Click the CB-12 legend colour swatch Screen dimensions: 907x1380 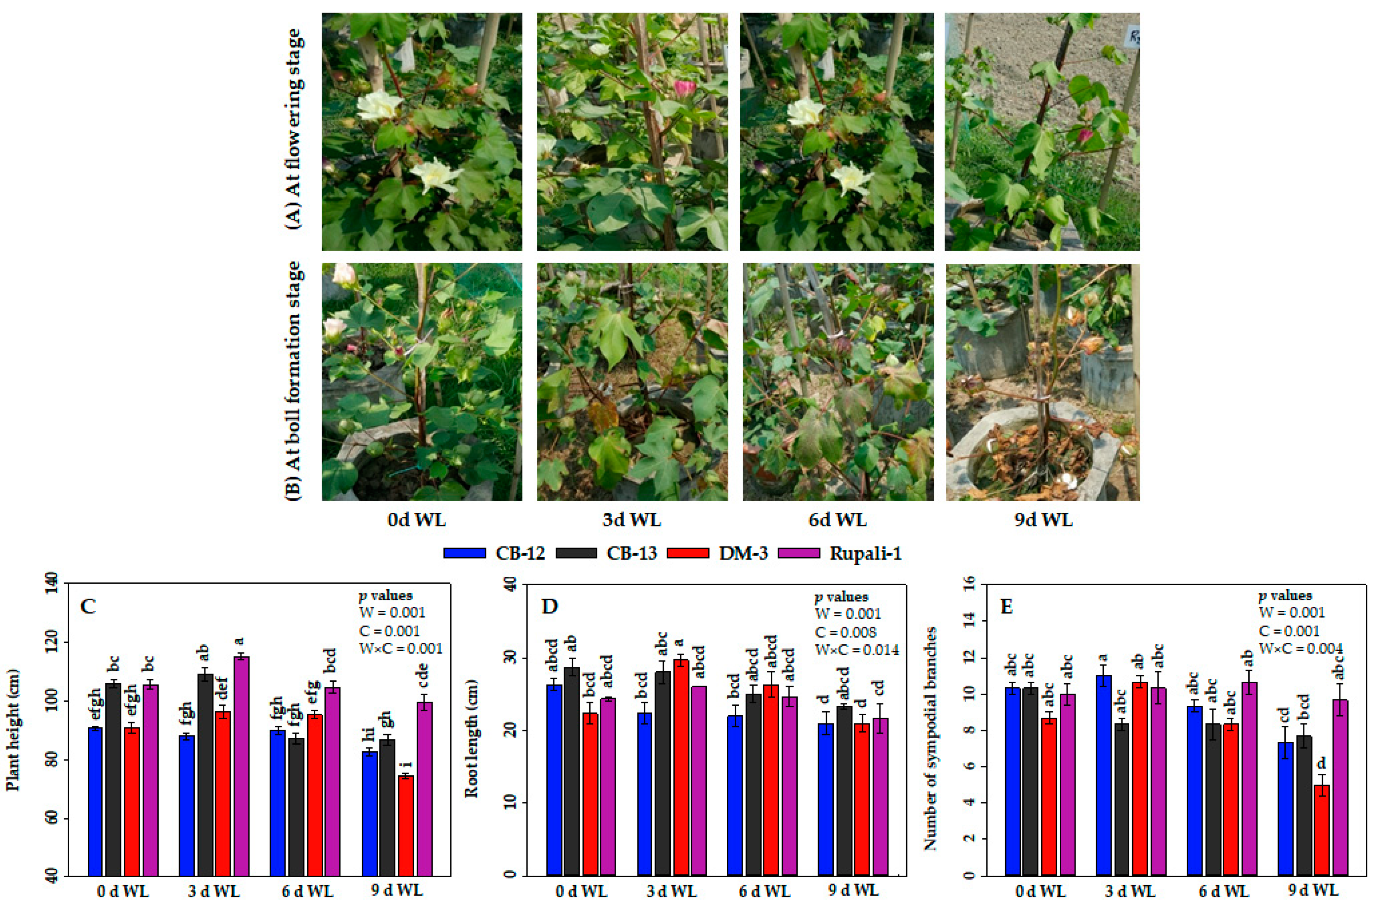click(x=465, y=553)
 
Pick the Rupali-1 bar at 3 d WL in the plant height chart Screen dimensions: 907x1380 click(x=241, y=765)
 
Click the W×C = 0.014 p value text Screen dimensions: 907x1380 click(x=857, y=650)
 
